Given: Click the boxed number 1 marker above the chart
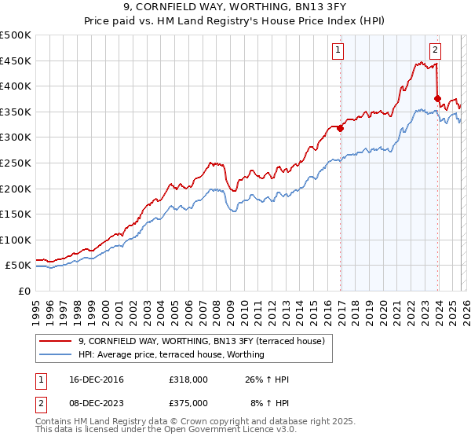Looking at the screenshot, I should point(339,51).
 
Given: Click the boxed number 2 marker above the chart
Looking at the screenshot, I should point(436,51).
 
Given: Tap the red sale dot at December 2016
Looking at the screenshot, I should point(341,129).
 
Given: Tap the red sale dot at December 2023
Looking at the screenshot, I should point(437,99).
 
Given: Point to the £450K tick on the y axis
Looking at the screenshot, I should point(16,60).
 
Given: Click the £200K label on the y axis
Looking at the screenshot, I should point(16,189).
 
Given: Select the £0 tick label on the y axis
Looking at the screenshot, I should point(24,291).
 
